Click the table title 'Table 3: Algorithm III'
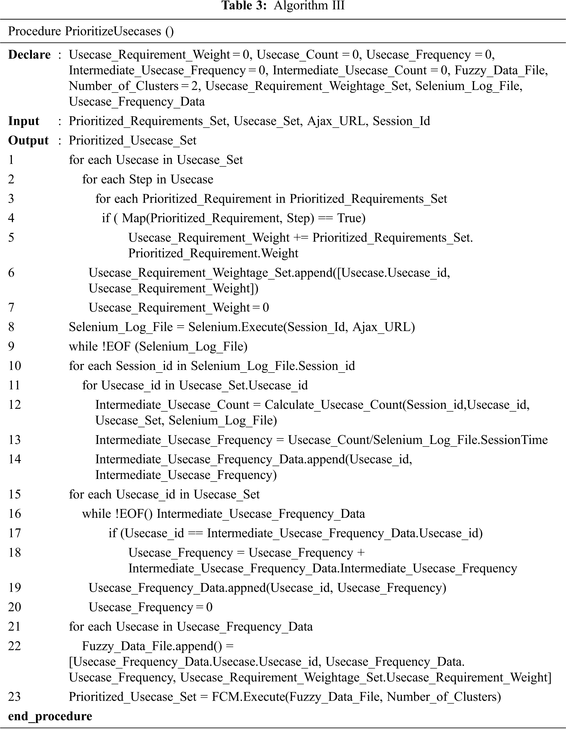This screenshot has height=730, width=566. (283, 6)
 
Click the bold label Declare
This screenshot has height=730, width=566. (29, 55)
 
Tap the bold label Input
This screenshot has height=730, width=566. (24, 121)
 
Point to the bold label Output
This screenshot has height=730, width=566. (28, 140)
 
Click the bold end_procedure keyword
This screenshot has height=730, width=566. (50, 716)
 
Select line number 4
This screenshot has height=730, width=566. (11, 218)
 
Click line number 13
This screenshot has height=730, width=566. (14, 440)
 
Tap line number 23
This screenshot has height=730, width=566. (15, 697)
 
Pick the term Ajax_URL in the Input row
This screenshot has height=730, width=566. (336, 121)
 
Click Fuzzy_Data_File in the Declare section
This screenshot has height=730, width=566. (500, 70)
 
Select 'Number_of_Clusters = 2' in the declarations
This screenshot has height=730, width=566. (133, 86)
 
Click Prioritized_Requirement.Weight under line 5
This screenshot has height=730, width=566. (213, 253)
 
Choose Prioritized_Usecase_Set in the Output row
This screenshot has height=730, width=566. (133, 140)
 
